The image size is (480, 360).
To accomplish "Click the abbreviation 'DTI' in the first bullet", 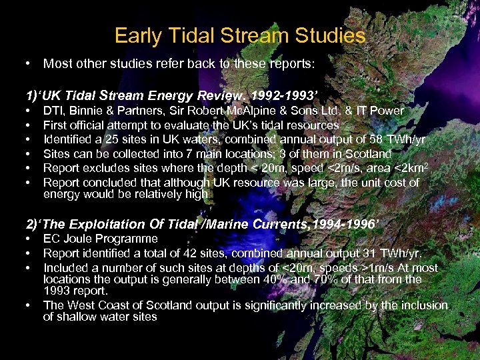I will point(54,110).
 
